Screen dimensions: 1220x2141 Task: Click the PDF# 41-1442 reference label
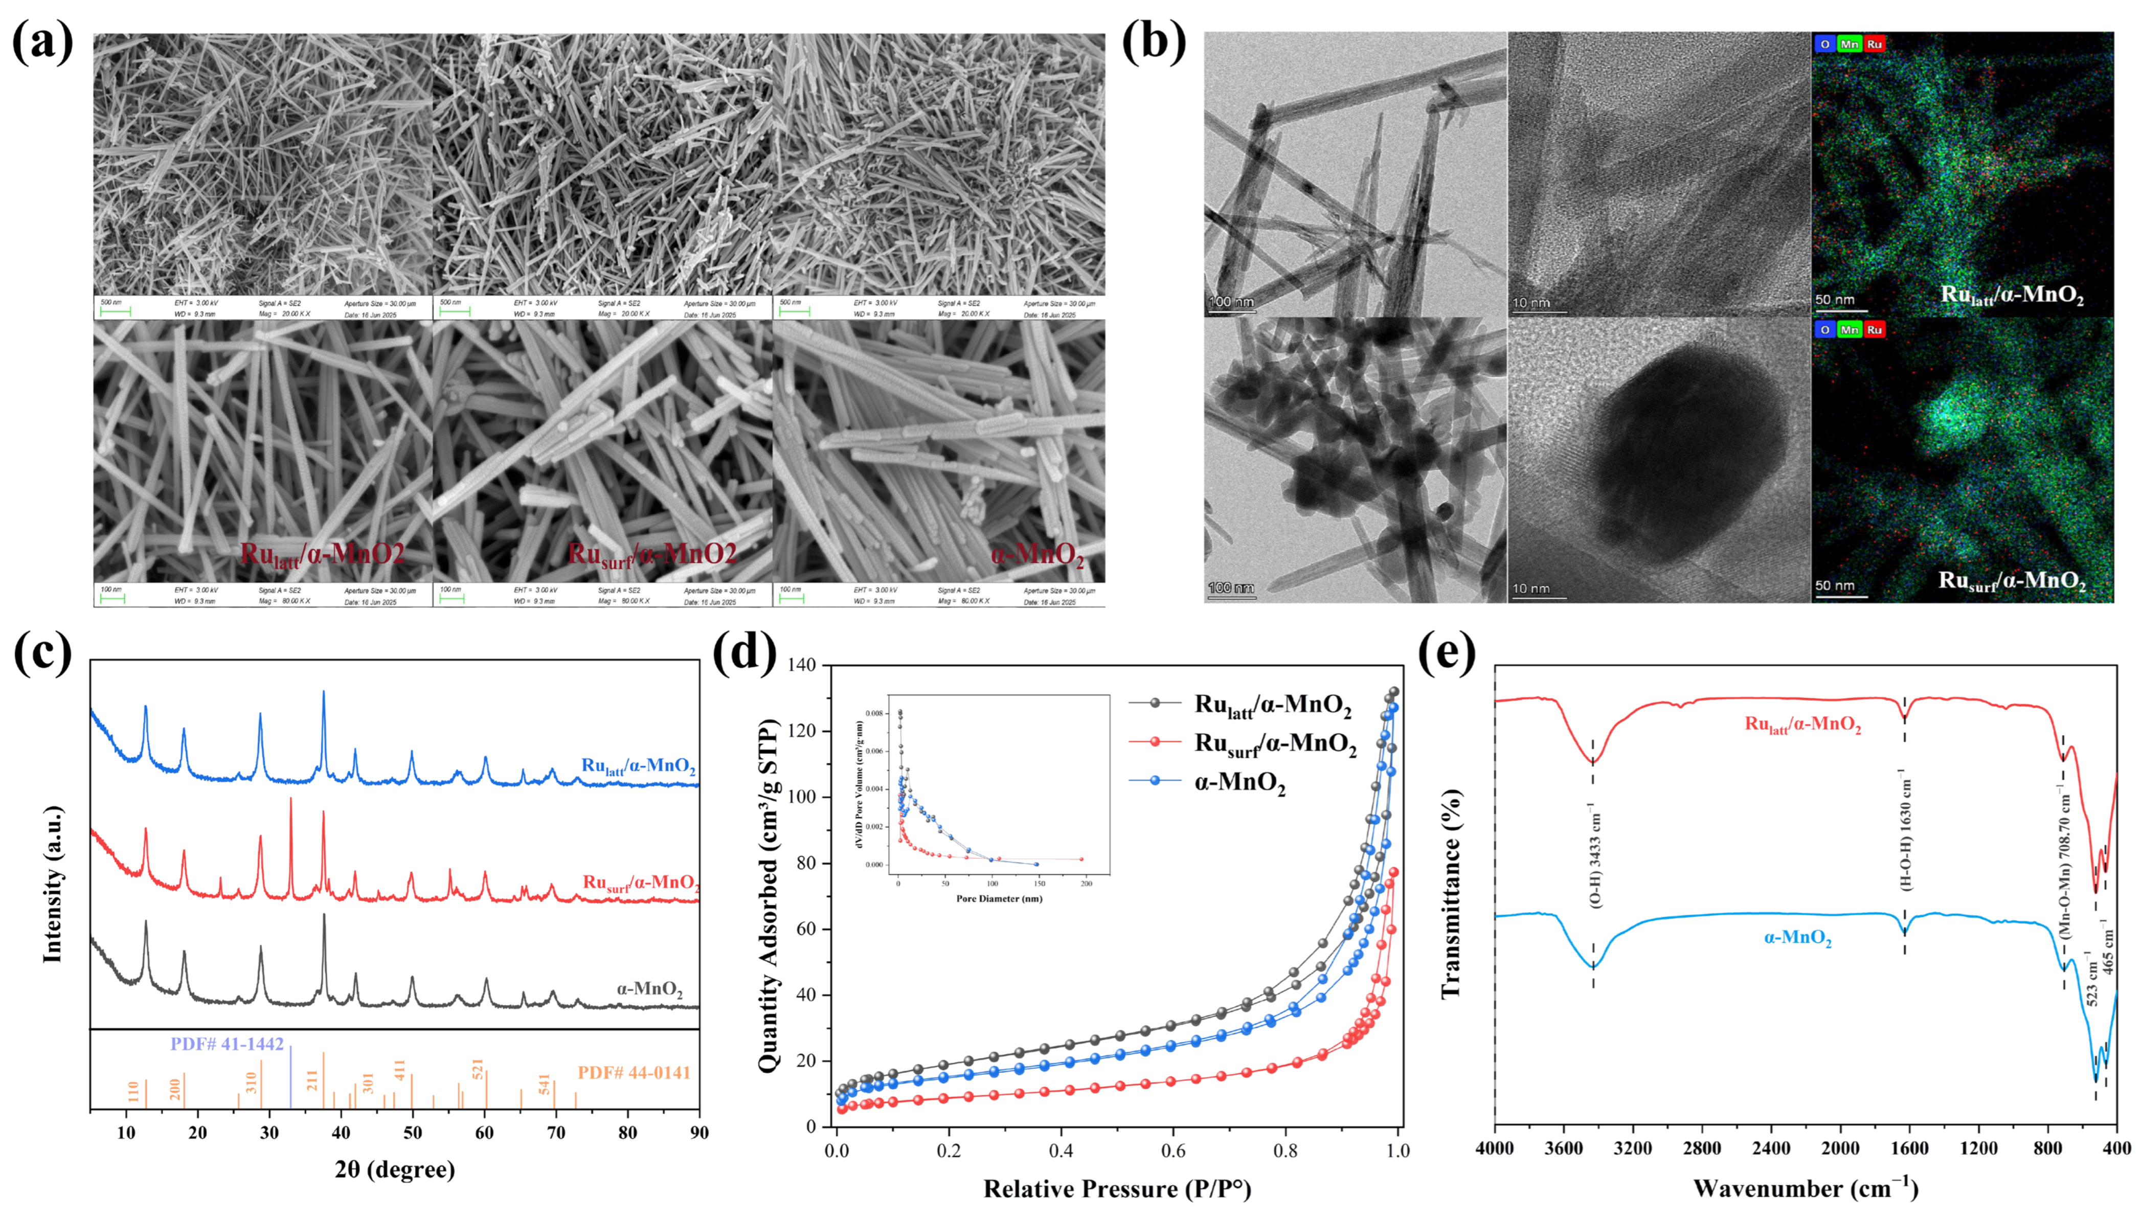click(x=227, y=1044)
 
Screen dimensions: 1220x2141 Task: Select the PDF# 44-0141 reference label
click(x=634, y=1073)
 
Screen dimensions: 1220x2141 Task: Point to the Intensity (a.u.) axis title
click(x=53, y=884)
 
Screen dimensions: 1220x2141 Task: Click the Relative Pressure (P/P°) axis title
click(x=1117, y=1188)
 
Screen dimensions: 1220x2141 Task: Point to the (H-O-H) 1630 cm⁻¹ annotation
click(x=1906, y=834)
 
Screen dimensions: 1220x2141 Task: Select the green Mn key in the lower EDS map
click(x=1850, y=330)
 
